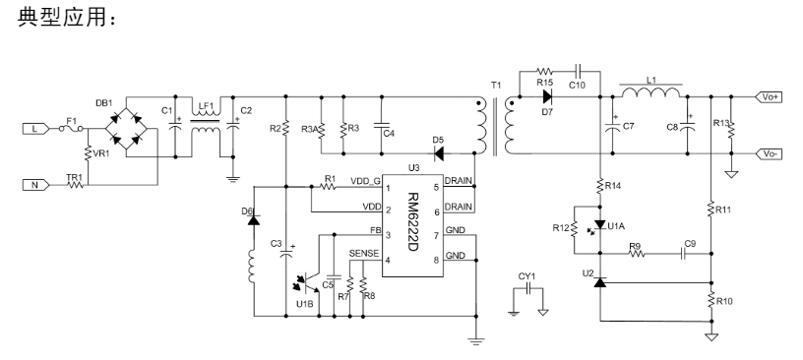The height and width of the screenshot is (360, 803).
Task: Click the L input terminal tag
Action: pyautogui.click(x=35, y=129)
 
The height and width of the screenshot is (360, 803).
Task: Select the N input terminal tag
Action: pyautogui.click(x=35, y=185)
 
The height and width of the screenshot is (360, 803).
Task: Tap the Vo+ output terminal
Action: pyautogui.click(x=769, y=96)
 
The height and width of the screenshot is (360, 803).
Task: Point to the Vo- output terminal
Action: pyautogui.click(x=769, y=153)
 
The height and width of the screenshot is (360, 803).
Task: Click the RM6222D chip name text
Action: pyautogui.click(x=412, y=221)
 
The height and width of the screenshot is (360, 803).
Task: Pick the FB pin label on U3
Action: pyautogui.click(x=375, y=230)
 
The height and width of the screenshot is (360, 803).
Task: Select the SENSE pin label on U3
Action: pyautogui.click(x=364, y=253)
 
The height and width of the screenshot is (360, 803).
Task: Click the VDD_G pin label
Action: pyautogui.click(x=366, y=181)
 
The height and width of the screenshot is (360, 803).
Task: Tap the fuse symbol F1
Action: pyautogui.click(x=71, y=129)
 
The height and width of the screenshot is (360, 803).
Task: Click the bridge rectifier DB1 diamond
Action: pyautogui.click(x=126, y=129)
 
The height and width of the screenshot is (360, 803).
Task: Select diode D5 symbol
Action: pyautogui.click(x=438, y=153)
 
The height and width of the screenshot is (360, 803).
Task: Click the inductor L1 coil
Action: pyautogui.click(x=651, y=92)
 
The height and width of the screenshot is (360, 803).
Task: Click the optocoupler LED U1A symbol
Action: pyautogui.click(x=599, y=225)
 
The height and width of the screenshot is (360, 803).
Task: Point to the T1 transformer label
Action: pyautogui.click(x=496, y=85)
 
